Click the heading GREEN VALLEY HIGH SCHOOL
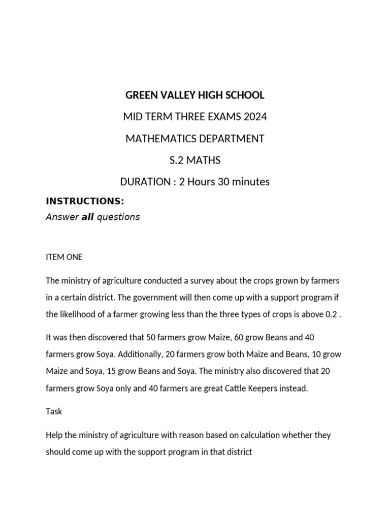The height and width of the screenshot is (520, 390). (x=195, y=95)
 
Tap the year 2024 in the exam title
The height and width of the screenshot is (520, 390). (x=254, y=117)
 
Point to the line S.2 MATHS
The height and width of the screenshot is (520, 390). (x=195, y=160)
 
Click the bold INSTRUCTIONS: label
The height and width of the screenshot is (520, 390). (x=85, y=202)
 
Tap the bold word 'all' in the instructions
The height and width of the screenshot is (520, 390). (x=88, y=217)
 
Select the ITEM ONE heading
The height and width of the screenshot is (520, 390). (x=64, y=257)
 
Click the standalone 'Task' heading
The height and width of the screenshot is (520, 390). (x=54, y=411)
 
